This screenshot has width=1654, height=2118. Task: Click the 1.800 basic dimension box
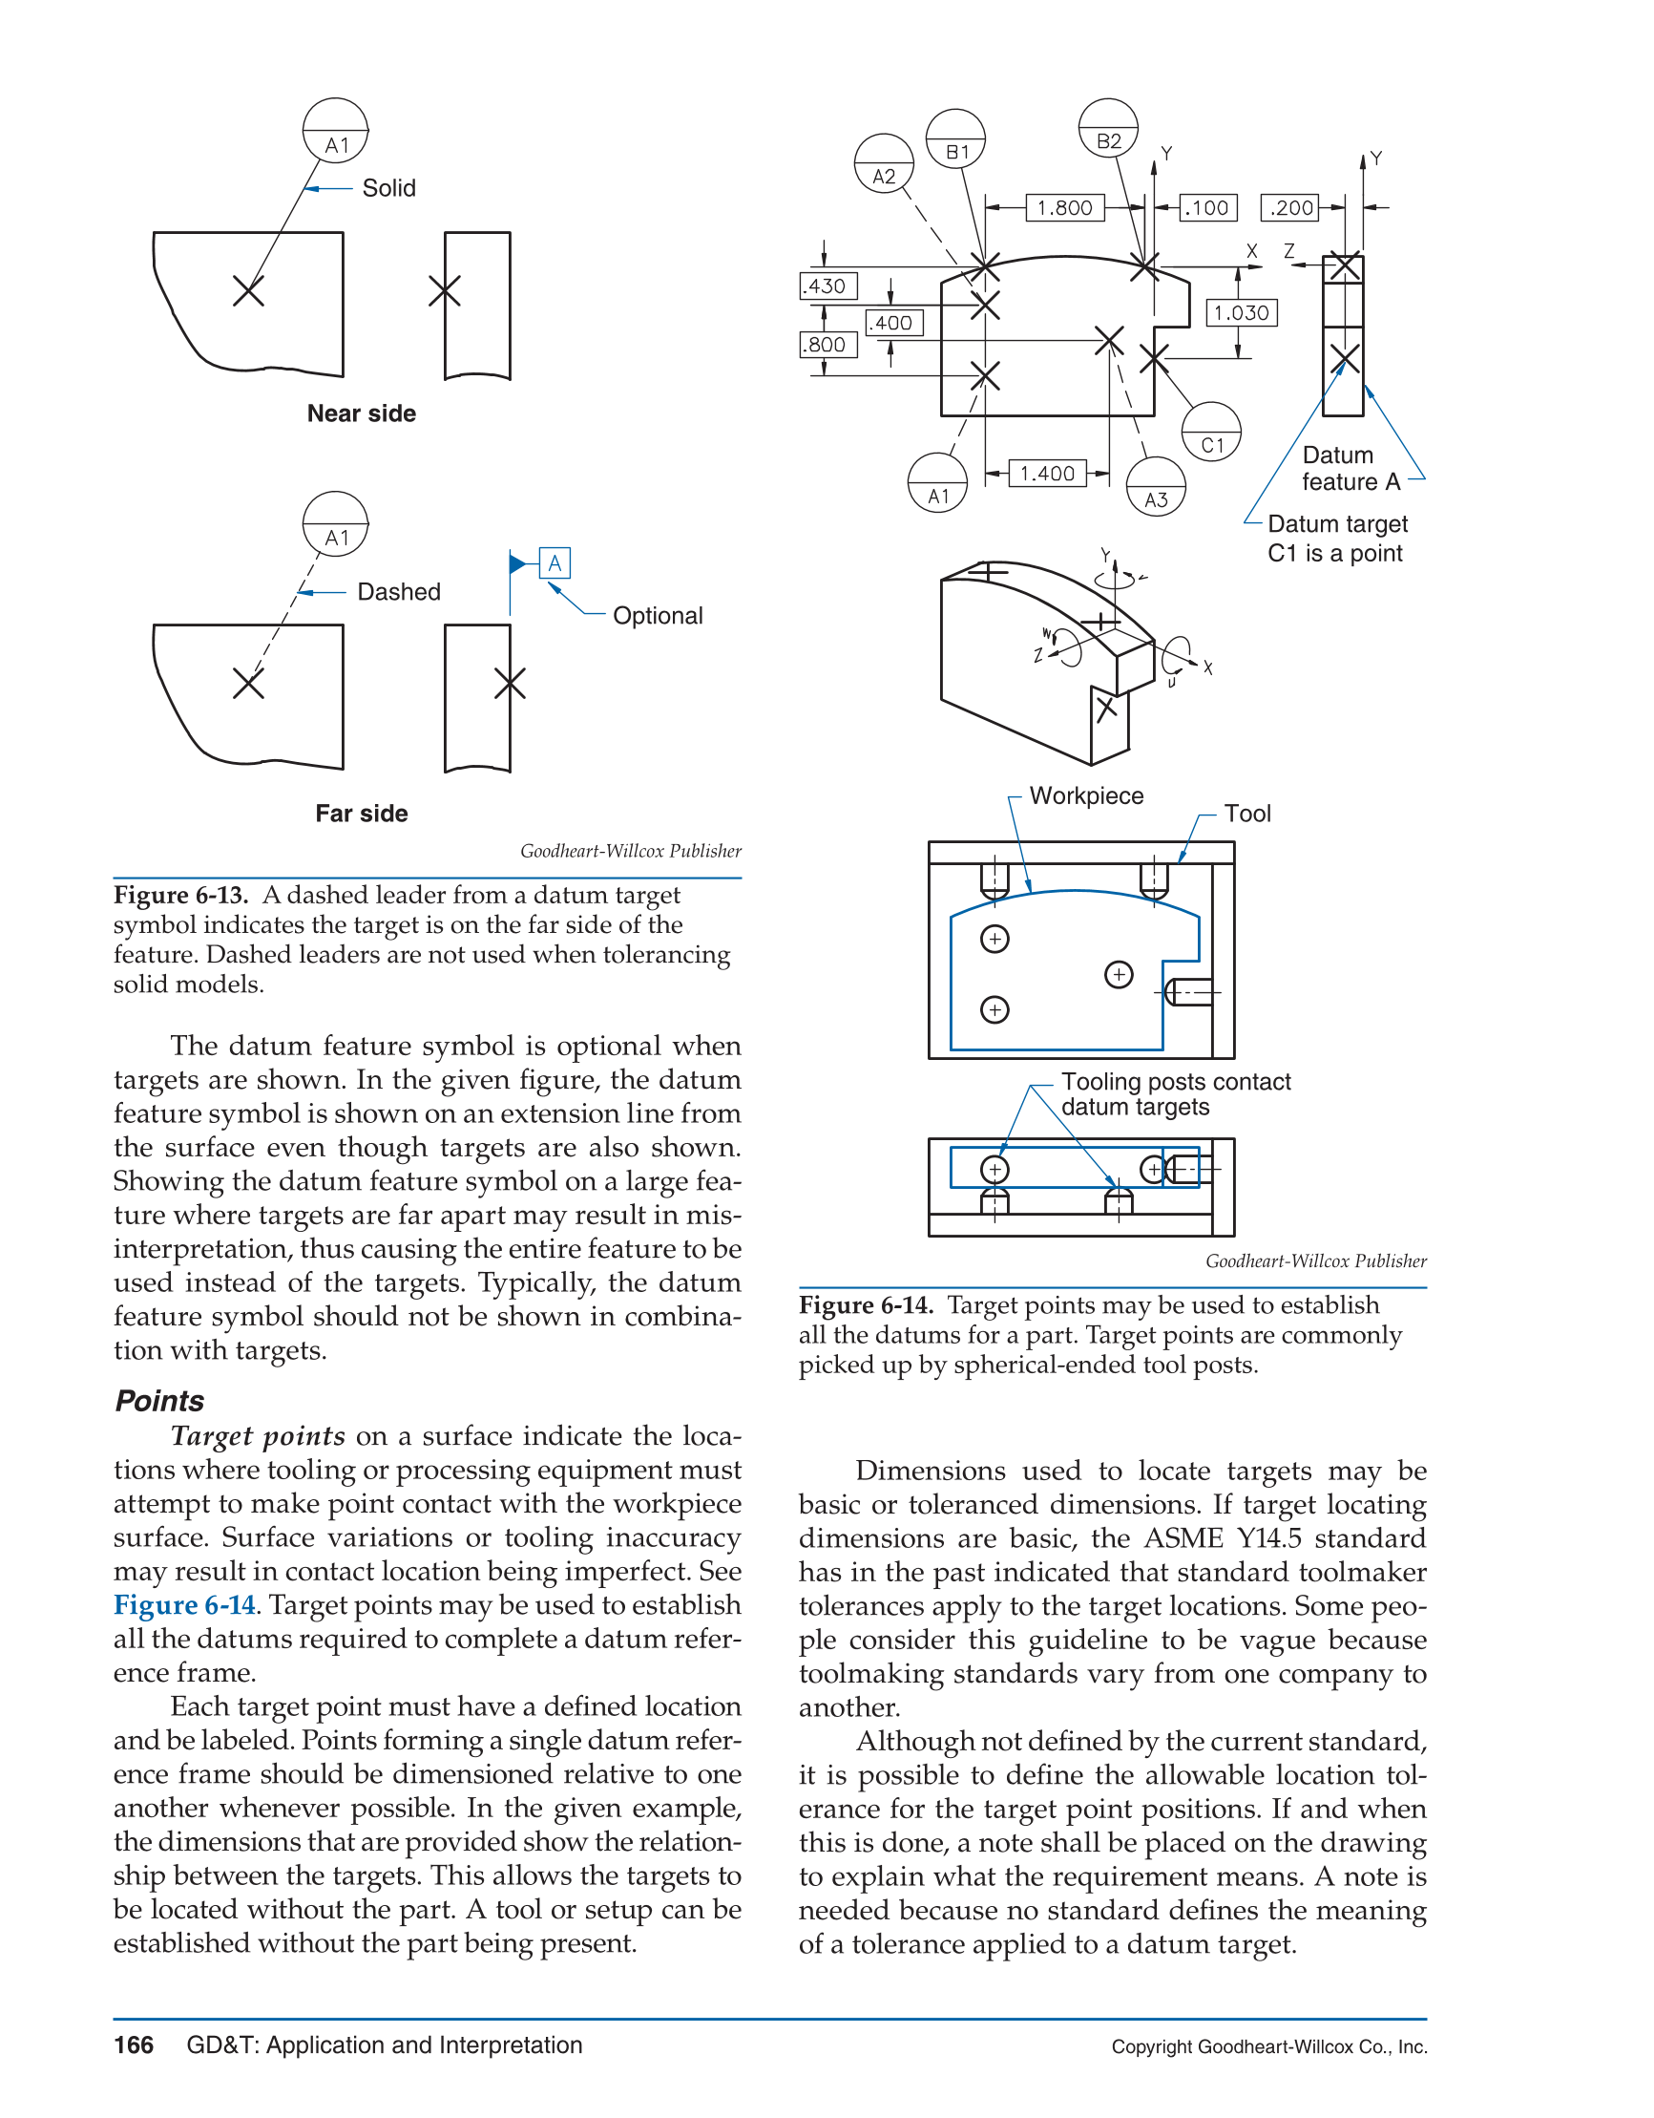coord(1064,207)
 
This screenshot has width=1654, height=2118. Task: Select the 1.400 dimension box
coord(1047,474)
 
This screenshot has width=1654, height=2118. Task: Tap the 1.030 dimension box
coord(1241,312)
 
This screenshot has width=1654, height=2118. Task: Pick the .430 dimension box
coord(827,286)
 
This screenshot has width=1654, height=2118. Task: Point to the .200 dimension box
coord(1289,207)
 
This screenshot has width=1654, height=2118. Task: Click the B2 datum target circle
coord(1108,129)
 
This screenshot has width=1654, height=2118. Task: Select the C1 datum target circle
coord(1212,432)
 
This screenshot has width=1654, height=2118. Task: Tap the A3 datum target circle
coord(1156,487)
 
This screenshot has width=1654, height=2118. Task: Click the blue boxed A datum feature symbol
coord(555,563)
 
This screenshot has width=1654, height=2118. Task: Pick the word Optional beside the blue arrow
coord(658,616)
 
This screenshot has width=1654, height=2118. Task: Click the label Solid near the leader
coord(388,188)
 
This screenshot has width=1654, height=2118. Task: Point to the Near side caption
coord(362,413)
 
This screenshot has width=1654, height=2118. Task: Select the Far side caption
coord(362,814)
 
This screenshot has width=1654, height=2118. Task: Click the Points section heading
coord(160,1400)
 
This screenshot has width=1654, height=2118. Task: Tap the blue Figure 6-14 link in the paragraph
coord(184,1605)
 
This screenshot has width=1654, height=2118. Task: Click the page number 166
coord(134,2045)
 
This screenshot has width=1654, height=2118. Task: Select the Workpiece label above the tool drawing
coord(1086,796)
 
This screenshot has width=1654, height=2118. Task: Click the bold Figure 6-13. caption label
coord(181,895)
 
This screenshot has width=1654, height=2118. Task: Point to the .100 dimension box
coord(1208,207)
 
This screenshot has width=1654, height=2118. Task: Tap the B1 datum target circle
coord(956,138)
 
